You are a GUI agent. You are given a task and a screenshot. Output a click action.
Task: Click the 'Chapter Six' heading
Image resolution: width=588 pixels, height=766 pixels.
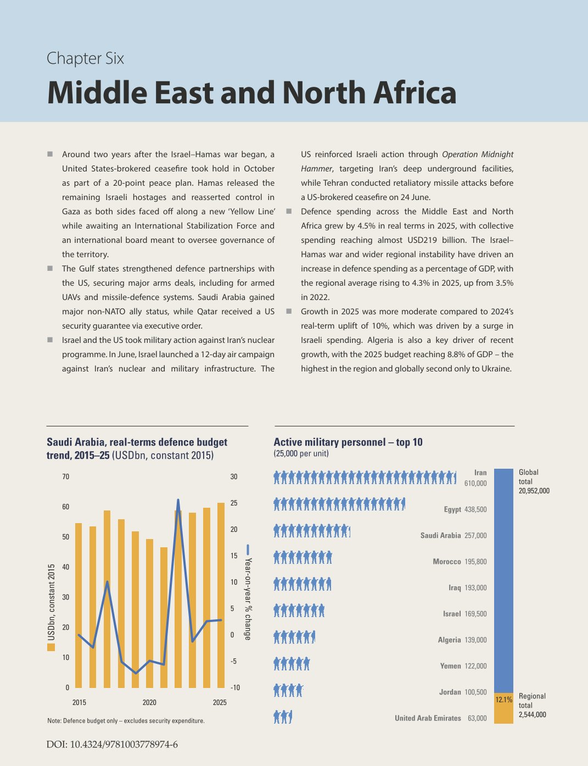[x=85, y=58]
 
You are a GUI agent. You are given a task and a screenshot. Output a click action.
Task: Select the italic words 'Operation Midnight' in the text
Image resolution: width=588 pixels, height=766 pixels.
[x=478, y=154]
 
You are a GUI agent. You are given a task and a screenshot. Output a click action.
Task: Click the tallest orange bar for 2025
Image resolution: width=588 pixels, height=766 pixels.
[x=221, y=595]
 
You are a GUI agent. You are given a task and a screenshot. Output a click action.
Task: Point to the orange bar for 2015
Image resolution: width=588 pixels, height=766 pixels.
[x=79, y=605]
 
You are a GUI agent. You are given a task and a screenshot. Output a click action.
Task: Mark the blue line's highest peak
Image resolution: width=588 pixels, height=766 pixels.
[x=178, y=500]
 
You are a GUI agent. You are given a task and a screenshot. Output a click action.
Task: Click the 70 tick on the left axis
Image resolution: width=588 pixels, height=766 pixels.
[x=66, y=476]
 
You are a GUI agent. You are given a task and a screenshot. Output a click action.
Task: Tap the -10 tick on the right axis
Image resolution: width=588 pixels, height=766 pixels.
[x=235, y=687]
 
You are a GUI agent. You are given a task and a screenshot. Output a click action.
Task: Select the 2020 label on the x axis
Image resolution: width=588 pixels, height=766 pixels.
[x=149, y=702]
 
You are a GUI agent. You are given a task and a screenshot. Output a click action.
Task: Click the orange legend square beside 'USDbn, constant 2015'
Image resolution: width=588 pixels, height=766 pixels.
[x=51, y=647]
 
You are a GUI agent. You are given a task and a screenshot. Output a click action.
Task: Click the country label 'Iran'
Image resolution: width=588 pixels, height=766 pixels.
[x=480, y=473]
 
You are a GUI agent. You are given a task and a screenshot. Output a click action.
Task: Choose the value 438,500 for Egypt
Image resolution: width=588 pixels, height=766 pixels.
[x=475, y=509]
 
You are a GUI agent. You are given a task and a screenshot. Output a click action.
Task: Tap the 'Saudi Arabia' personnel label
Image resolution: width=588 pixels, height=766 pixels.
[x=440, y=535]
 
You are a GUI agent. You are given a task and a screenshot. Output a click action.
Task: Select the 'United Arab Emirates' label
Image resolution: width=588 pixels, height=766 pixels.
[x=428, y=718]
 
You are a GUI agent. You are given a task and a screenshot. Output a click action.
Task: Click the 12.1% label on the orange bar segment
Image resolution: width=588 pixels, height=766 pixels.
[x=504, y=700]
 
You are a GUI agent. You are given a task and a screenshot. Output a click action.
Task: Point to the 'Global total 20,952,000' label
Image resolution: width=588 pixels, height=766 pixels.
[x=534, y=481]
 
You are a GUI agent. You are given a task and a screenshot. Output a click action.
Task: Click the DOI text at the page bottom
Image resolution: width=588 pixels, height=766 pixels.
[x=112, y=745]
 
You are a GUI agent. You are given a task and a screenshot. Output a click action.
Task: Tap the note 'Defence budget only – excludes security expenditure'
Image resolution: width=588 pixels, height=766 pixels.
[x=126, y=721]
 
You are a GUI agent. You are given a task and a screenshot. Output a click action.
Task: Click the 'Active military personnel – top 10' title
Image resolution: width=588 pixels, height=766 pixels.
[x=348, y=442]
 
